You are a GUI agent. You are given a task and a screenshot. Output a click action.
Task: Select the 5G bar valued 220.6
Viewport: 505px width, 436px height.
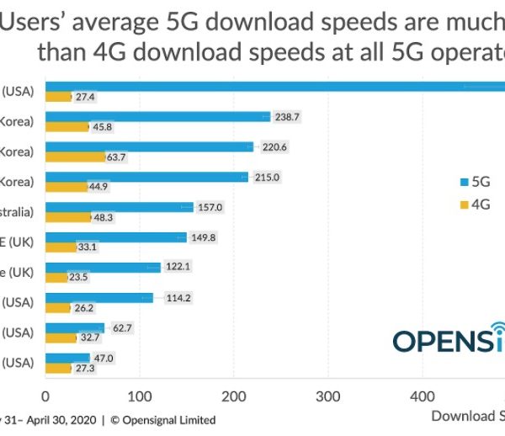click(149, 146)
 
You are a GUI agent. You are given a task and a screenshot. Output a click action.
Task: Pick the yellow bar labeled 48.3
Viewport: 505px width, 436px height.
click(67, 217)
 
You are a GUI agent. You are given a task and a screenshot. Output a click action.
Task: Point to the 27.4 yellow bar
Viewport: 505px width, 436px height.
click(58, 97)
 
